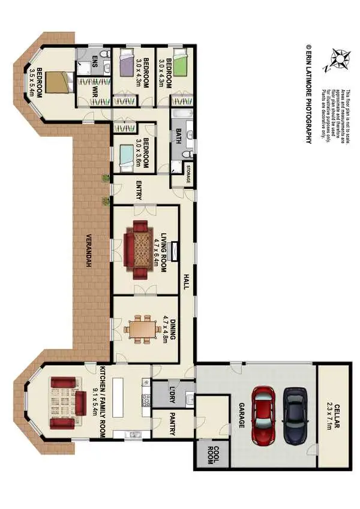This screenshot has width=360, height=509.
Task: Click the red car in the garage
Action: tap(265, 415)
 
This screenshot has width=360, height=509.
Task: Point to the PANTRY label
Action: tap(173, 423)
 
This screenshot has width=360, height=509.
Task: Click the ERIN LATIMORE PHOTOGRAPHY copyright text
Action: tap(308, 92)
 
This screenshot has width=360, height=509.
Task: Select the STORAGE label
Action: tap(188, 173)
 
